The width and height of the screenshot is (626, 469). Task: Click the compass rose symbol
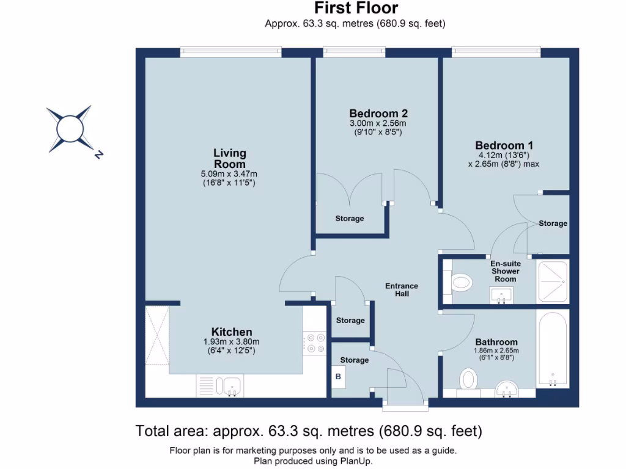click(x=70, y=129)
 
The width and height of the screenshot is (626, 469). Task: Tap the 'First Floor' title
click(x=356, y=8)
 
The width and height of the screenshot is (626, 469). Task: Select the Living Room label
click(x=230, y=158)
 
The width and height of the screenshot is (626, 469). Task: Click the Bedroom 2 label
click(x=378, y=113)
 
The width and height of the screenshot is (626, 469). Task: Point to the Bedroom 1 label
click(x=504, y=145)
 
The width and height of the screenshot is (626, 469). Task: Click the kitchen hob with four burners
click(x=315, y=343)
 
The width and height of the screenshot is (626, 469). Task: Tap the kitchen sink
click(x=228, y=386)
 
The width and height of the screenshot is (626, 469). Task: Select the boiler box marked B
click(x=338, y=376)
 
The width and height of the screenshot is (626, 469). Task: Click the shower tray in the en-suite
click(x=553, y=281)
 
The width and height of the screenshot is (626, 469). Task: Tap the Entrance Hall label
click(x=402, y=290)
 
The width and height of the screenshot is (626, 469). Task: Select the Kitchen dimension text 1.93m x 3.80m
click(x=231, y=342)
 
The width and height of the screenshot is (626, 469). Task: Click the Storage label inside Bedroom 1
click(x=553, y=224)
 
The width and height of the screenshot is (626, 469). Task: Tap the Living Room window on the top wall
click(x=230, y=51)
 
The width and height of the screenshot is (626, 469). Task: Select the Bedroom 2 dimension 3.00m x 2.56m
click(x=378, y=123)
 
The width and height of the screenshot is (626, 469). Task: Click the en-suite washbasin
click(x=501, y=296)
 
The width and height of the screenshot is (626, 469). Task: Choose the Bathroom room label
click(x=496, y=342)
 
